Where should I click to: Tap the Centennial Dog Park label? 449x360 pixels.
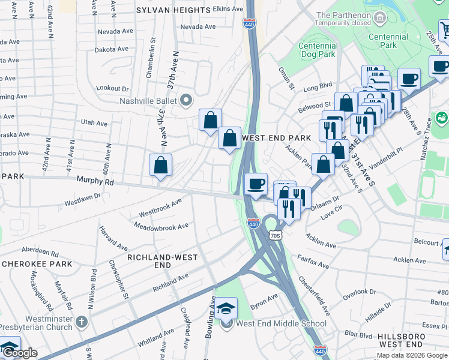click(x=318, y=51)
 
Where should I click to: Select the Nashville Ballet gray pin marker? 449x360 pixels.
click(x=186, y=100)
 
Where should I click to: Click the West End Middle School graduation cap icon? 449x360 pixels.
click(x=226, y=309)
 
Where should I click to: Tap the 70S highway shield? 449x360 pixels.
click(x=275, y=236)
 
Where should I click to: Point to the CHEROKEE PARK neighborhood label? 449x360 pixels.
click(x=37, y=264)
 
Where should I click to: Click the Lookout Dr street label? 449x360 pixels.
click(x=112, y=88)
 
